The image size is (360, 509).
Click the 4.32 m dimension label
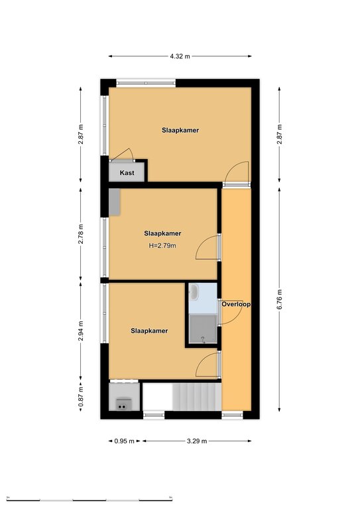[180, 56]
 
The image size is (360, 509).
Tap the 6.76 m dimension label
[280, 300]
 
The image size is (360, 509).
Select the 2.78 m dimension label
[81, 234]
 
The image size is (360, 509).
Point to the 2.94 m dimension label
[81, 331]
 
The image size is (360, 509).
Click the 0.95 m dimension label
[125, 441]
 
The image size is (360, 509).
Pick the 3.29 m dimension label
[197, 441]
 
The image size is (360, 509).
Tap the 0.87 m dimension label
[81, 396]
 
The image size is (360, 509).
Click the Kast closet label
[127, 173]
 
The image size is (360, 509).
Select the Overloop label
[236, 304]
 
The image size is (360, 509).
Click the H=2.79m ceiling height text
[162, 246]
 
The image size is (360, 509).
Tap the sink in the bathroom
[194, 292]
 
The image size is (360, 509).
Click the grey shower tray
[203, 329]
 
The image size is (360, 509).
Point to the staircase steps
[197, 397]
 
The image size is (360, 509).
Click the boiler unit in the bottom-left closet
[123, 404]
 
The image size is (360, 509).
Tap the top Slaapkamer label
[180, 130]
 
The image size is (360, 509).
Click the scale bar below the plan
[90, 499]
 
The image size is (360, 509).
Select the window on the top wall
[146, 83]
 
